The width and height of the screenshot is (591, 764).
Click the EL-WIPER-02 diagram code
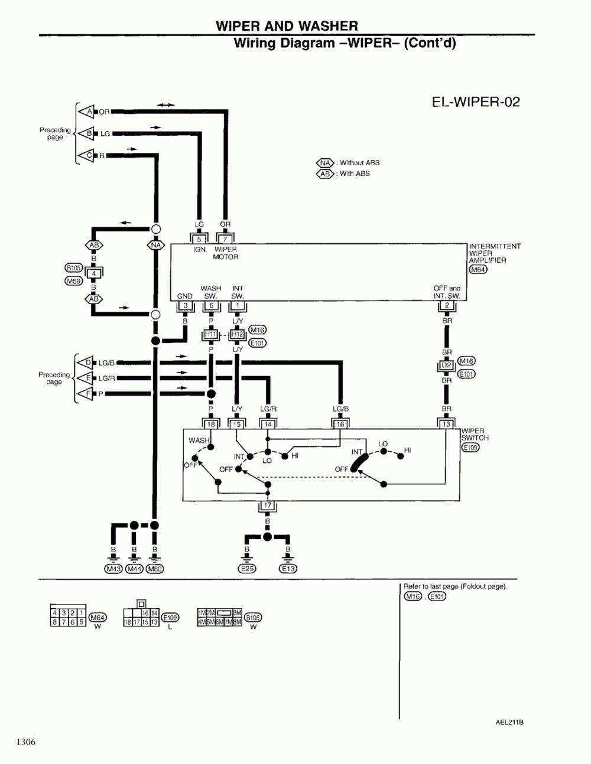476,102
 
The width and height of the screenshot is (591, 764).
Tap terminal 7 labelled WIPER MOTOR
225,239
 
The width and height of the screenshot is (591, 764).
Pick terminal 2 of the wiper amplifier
447,305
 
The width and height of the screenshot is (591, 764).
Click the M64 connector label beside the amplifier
478,270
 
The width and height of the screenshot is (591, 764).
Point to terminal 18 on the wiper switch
211,424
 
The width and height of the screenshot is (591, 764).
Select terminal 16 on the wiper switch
340,424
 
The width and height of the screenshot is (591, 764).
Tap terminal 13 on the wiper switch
446,424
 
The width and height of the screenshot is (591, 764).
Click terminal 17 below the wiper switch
267,506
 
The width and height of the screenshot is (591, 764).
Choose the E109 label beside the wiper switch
470,447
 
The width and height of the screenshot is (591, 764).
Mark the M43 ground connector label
113,569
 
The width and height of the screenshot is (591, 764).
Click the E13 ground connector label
288,569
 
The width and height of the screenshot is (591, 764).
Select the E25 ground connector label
246,569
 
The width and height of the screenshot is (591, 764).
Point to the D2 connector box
447,365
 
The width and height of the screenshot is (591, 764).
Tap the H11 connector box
211,335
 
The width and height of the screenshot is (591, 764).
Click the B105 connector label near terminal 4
73,267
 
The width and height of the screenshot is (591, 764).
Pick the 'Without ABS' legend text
359,163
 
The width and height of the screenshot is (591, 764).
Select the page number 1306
26,742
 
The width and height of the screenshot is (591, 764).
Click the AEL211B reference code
509,722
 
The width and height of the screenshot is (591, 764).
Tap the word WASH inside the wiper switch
199,440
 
